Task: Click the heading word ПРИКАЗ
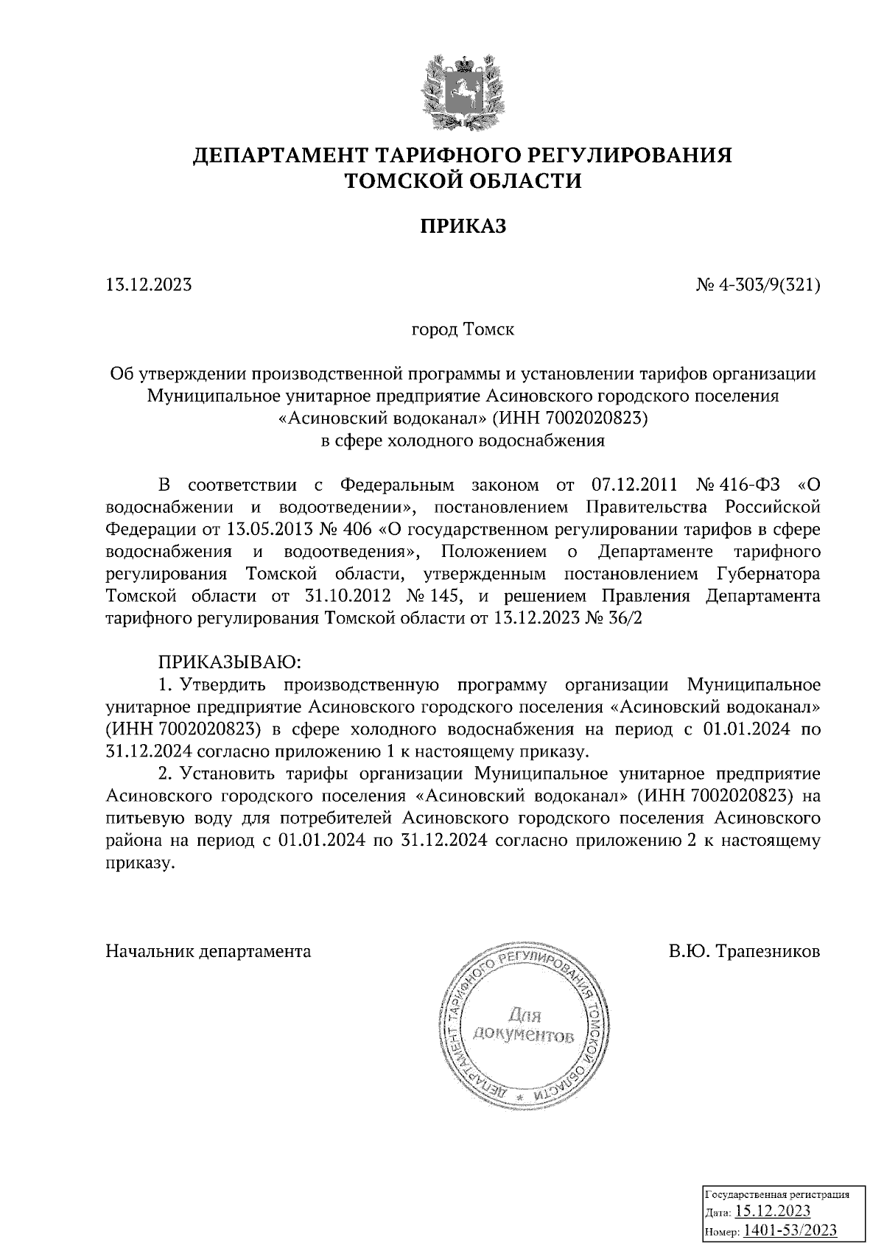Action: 463,225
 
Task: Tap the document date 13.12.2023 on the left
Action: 149,284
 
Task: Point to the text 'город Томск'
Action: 462,329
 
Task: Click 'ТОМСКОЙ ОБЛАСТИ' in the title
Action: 463,181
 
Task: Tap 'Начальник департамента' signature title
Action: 208,951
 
